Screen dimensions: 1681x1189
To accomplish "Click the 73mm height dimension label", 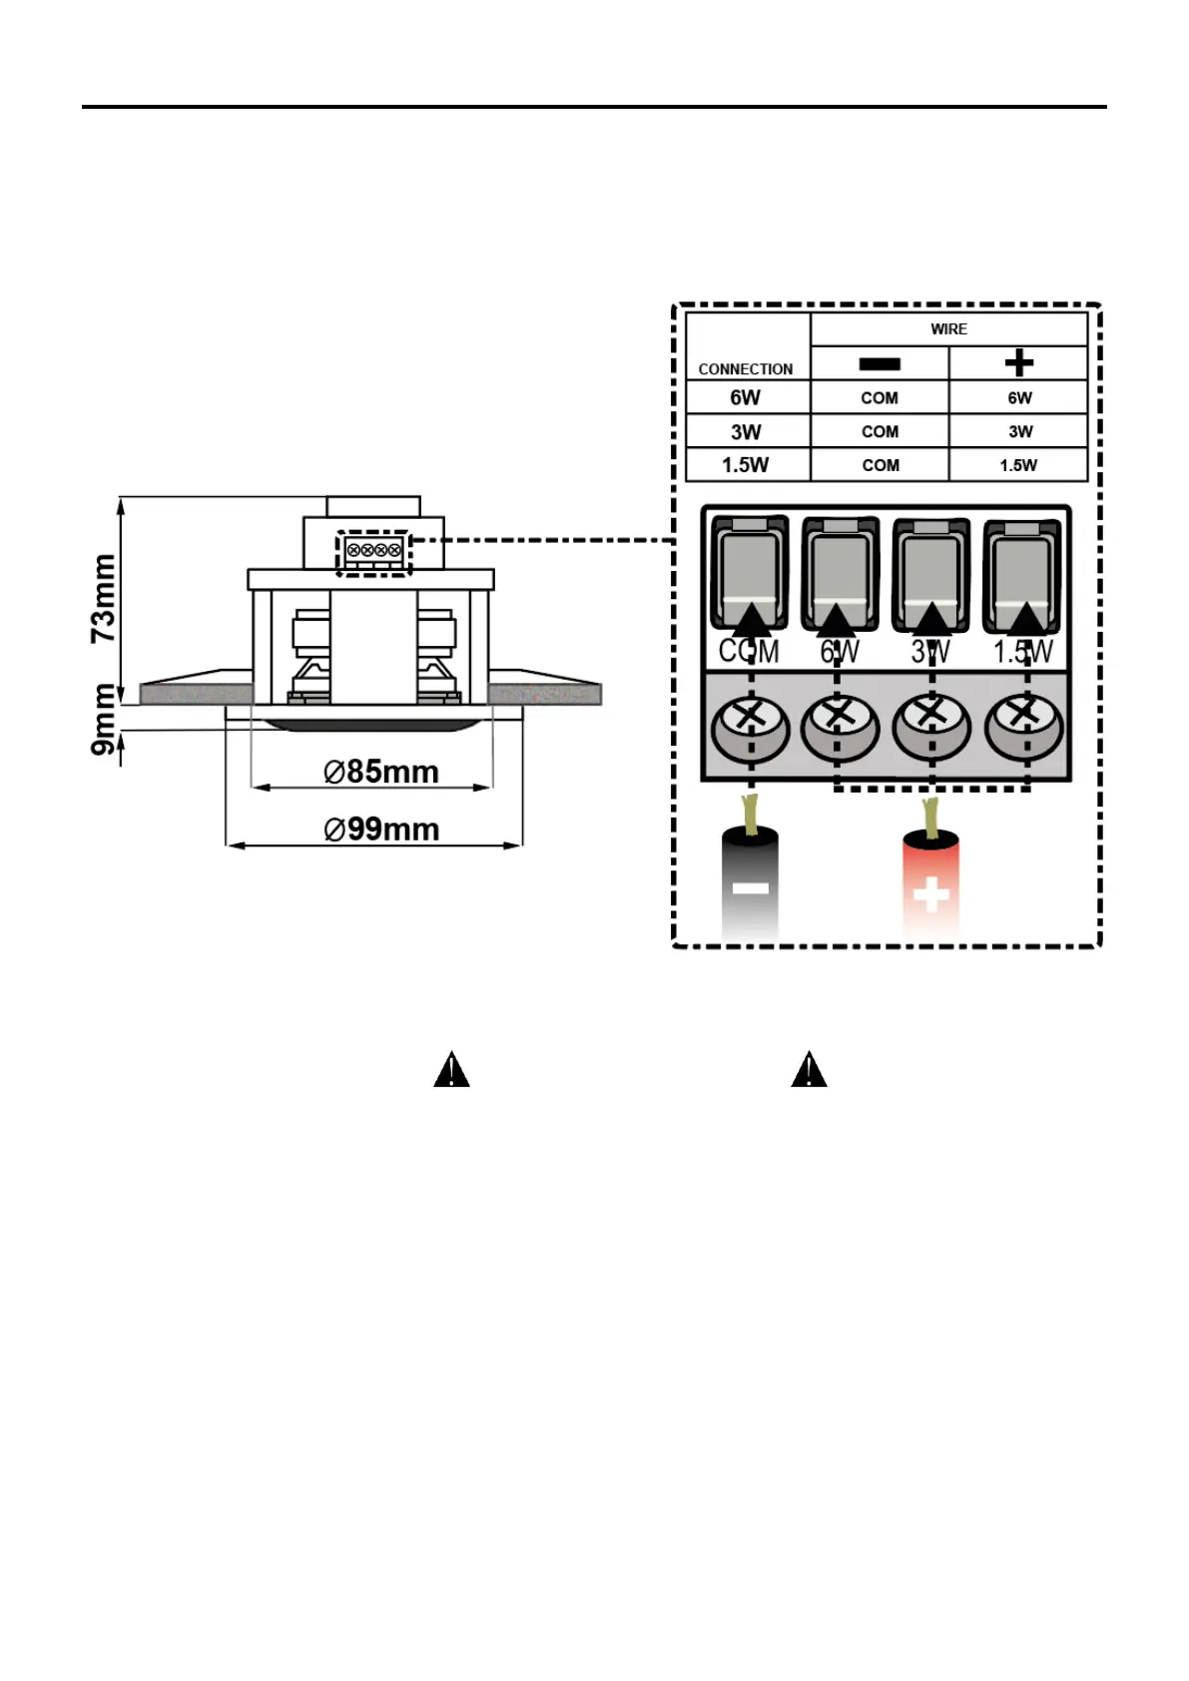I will click(104, 598).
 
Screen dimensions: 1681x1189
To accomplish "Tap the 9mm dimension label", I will click(104, 719).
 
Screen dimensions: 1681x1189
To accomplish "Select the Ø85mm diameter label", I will click(381, 772).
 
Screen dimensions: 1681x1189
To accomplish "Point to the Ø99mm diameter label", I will click(381, 830).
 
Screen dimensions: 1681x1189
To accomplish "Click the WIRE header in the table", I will click(948, 329).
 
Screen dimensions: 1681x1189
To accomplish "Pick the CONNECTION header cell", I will click(746, 368).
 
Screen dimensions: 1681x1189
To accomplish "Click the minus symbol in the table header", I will click(880, 364).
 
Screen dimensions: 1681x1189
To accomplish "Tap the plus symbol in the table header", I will click(1018, 363).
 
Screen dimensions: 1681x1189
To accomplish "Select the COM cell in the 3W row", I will click(880, 431).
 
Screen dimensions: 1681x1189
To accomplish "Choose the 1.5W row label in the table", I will click(746, 465).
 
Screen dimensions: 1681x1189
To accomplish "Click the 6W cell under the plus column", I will click(1019, 397).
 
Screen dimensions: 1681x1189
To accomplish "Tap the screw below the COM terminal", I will click(750, 726).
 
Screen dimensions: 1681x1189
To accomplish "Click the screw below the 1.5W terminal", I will click(1023, 726).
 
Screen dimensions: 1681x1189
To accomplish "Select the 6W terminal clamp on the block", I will click(840, 574).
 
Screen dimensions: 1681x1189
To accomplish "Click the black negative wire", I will click(751, 883).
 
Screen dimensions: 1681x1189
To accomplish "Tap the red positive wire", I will click(930, 883).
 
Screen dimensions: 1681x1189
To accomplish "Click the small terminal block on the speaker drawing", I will click(374, 551).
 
